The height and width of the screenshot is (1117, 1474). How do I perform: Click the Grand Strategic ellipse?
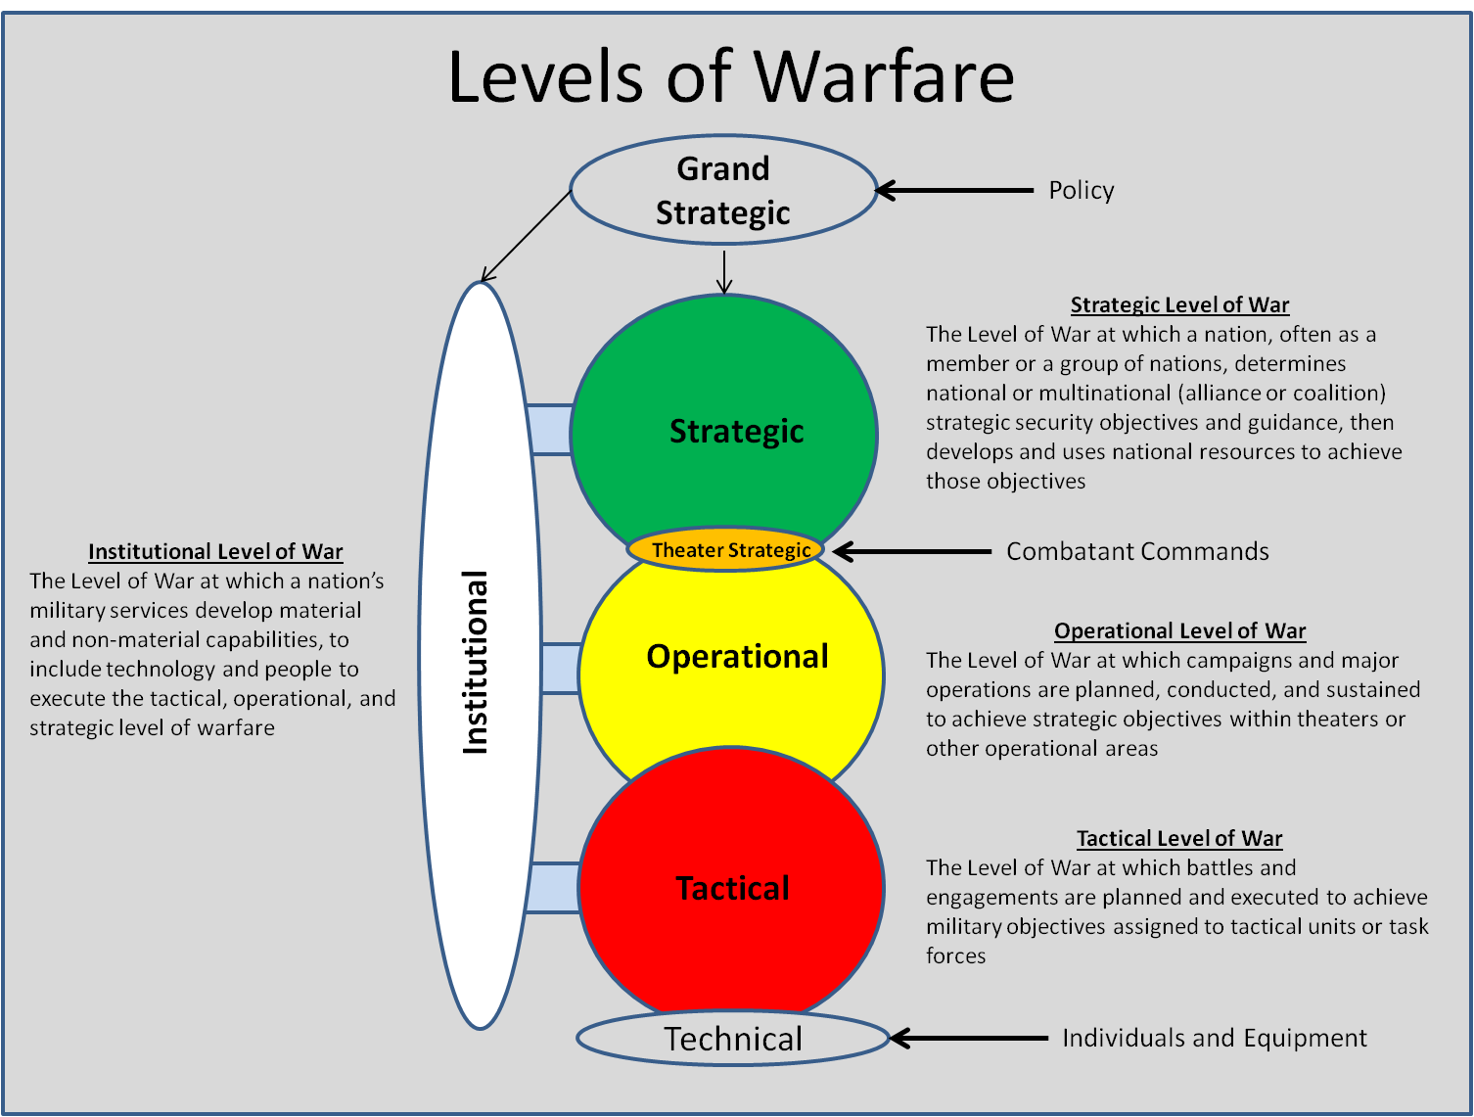[x=723, y=190]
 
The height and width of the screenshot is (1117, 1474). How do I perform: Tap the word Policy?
[x=1081, y=190]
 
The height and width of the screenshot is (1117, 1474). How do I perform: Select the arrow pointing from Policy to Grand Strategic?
[x=954, y=190]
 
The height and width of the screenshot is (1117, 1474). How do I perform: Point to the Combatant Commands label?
[x=1137, y=551]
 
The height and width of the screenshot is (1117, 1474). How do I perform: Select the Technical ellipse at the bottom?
[x=732, y=1039]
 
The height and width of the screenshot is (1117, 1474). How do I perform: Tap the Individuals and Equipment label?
[x=1214, y=1038]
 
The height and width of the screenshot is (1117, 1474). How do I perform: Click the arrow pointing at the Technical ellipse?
[x=969, y=1038]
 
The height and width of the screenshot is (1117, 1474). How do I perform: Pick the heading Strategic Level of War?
[x=1179, y=304]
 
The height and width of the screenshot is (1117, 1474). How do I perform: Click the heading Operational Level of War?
[x=1179, y=630]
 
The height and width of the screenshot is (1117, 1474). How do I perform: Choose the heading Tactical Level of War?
[x=1179, y=838]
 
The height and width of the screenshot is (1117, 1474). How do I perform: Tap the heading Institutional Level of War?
[x=215, y=551]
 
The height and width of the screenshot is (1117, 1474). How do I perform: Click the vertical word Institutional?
[x=475, y=662]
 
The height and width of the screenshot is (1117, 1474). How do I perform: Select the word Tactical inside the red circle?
[x=732, y=888]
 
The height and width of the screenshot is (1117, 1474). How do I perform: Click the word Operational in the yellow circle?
[x=737, y=656]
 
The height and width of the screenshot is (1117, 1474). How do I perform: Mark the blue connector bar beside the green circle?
[x=550, y=429]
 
